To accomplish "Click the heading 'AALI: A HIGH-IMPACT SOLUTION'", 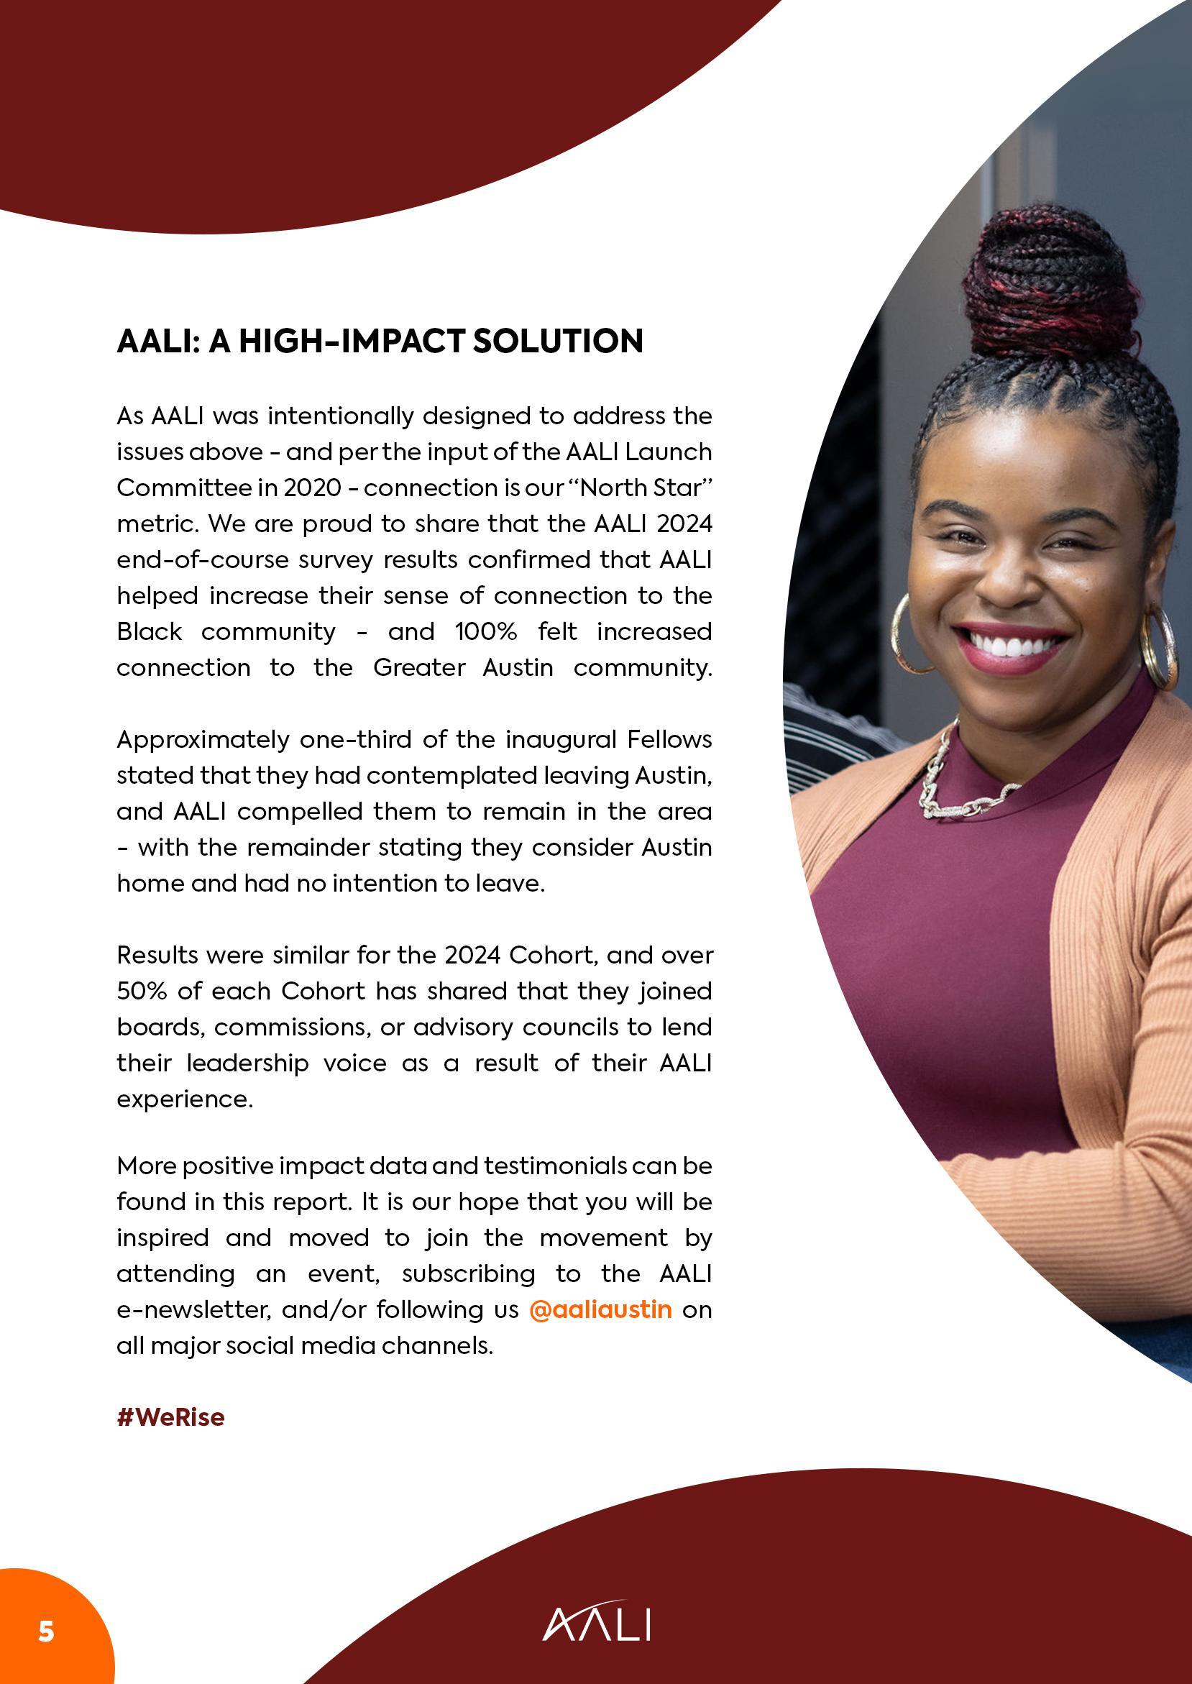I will pos(380,342).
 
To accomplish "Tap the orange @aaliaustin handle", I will pos(600,1309).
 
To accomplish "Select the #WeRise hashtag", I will pos(170,1417).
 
